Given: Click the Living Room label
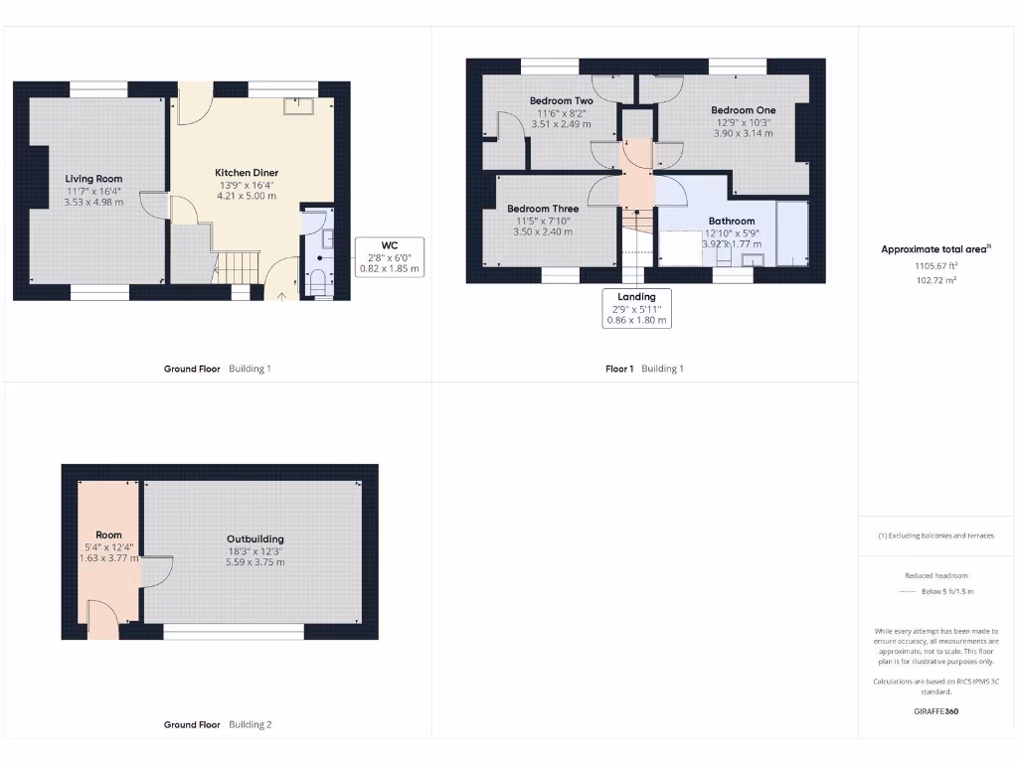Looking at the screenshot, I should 94,179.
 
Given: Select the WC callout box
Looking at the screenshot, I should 389,256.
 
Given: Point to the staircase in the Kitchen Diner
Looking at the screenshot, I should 238,265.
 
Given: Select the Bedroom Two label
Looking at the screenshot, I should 561,101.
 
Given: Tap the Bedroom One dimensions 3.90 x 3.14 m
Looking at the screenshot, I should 743,133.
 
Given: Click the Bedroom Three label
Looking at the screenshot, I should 543,209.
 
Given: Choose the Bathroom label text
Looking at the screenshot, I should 731,221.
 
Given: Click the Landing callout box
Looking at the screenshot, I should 637,308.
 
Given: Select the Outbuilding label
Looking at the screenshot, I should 254,539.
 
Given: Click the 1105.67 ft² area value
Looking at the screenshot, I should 936,266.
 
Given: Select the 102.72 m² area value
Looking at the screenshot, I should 936,281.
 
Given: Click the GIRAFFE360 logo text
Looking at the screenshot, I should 936,711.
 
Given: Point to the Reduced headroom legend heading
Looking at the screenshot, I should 936,575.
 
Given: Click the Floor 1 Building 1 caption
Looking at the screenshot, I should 644,369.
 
